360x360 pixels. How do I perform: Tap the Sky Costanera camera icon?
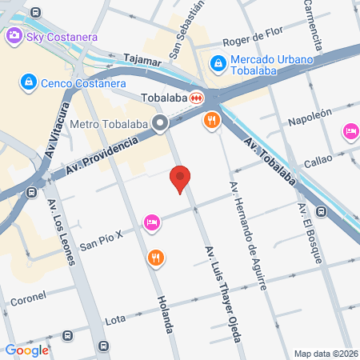coord(14,36)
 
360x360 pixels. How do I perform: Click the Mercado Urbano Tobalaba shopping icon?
coord(216,62)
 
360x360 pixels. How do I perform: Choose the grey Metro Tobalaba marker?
coord(160,123)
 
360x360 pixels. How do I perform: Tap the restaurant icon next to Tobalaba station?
coord(211,121)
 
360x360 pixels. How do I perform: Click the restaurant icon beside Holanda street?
coord(155,258)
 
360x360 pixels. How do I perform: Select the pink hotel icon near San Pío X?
coord(151,222)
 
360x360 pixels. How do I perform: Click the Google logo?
coord(26,350)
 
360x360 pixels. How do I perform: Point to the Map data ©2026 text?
coord(326,354)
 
